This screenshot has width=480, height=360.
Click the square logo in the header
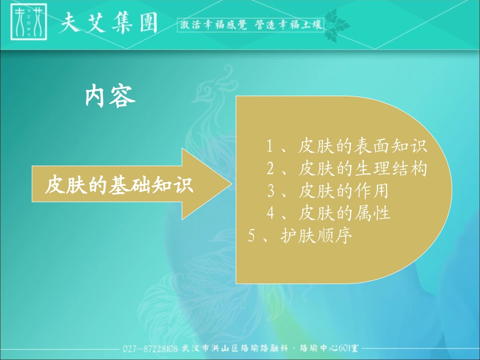(29, 23)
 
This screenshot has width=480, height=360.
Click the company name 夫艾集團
(109, 24)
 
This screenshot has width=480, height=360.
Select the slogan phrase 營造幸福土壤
(289, 25)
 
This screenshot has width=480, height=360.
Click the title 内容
(110, 96)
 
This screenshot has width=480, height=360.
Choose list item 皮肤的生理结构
(363, 168)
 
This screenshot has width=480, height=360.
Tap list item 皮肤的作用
(343, 191)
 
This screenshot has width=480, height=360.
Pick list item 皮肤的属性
(344, 213)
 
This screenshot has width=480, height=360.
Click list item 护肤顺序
(315, 236)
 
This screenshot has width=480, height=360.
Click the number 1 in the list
(270, 147)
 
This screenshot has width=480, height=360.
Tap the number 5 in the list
(252, 236)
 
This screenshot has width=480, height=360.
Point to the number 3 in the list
(271, 191)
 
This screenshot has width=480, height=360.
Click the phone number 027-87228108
(150, 349)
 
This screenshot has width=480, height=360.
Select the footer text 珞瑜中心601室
(328, 349)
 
